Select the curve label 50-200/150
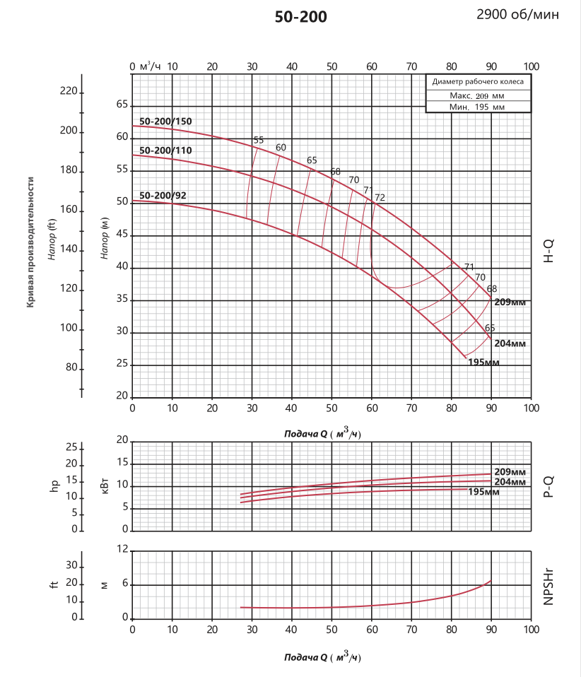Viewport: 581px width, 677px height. click(x=165, y=122)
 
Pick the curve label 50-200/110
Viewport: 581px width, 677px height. click(x=165, y=151)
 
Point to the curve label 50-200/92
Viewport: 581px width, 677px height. click(x=163, y=195)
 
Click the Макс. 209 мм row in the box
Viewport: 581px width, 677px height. click(x=477, y=95)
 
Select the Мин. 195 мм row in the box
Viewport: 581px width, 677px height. click(x=477, y=107)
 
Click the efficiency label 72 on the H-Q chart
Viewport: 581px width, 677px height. click(x=380, y=198)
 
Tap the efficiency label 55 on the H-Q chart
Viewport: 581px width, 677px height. click(x=258, y=140)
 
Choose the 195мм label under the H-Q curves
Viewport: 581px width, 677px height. click(x=483, y=363)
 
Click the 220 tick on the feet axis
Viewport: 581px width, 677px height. click(x=69, y=91)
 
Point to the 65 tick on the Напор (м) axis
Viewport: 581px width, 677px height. click(x=122, y=105)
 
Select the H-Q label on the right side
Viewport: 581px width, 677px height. click(x=548, y=250)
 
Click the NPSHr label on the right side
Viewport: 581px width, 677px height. click(x=548, y=584)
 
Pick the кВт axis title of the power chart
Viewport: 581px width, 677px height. click(x=104, y=485)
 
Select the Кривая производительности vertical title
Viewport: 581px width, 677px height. click(x=31, y=242)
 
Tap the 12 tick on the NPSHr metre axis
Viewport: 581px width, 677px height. click(x=123, y=549)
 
